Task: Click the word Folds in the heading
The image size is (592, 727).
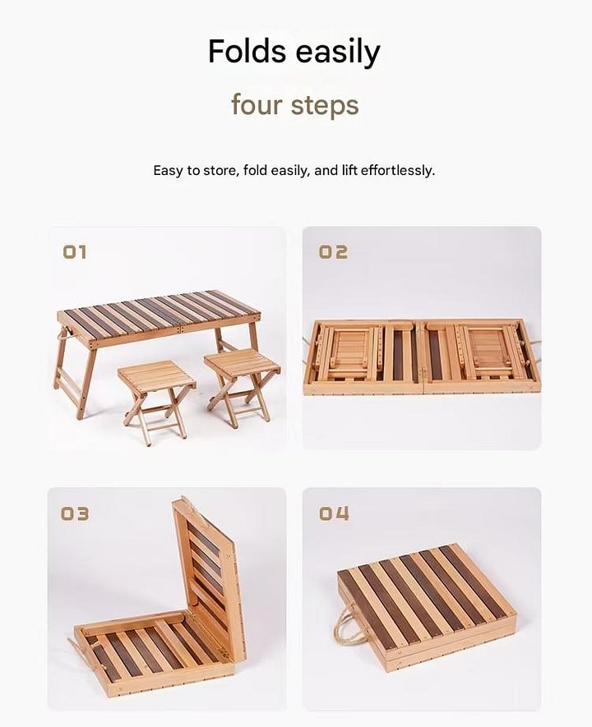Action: pos(247,51)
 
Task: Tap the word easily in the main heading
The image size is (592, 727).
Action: pos(338,53)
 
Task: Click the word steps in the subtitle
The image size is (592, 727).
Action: pos(325,106)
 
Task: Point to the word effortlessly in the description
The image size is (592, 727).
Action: pos(398,171)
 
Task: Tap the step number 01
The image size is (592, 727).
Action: pos(75,252)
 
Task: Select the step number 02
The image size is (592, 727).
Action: pos(333,252)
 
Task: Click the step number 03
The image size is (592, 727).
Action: pos(75,513)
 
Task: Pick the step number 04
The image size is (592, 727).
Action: pos(334,513)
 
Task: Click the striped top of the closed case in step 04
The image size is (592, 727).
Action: pos(426,603)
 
